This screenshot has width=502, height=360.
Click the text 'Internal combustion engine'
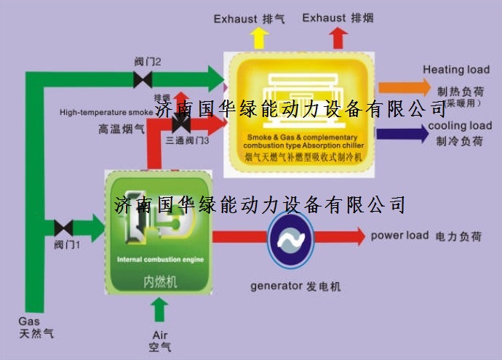161,259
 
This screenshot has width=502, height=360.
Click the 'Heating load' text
456,70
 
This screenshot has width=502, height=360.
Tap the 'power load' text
399,236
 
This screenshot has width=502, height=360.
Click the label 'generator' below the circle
275,286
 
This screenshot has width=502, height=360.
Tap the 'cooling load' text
460,125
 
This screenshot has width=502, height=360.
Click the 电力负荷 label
458,236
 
